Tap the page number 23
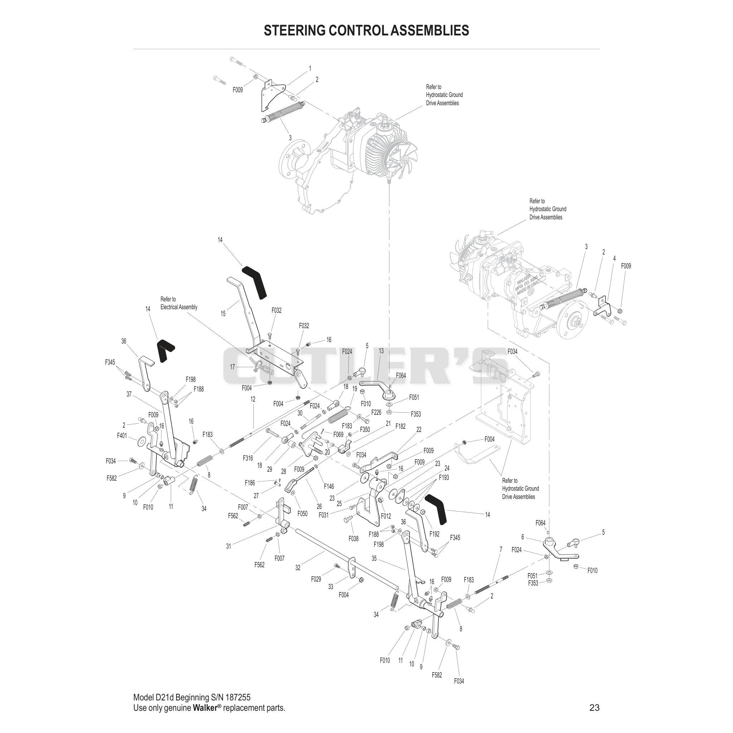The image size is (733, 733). point(594,708)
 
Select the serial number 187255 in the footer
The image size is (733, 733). point(238,698)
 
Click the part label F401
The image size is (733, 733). point(122,436)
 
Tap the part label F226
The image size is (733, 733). point(376,412)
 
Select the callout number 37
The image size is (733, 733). point(129,394)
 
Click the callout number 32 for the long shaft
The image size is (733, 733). point(298,568)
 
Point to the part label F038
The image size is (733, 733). point(353,538)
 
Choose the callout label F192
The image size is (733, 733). point(435,534)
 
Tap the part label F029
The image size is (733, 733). point(316,579)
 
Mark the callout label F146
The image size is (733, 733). point(329,486)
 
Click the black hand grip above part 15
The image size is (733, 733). point(254,282)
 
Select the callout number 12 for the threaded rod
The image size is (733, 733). point(253,399)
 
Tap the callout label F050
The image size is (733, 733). point(302,514)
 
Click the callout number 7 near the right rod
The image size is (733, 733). point(501,549)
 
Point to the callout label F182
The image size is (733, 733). point(400,426)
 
